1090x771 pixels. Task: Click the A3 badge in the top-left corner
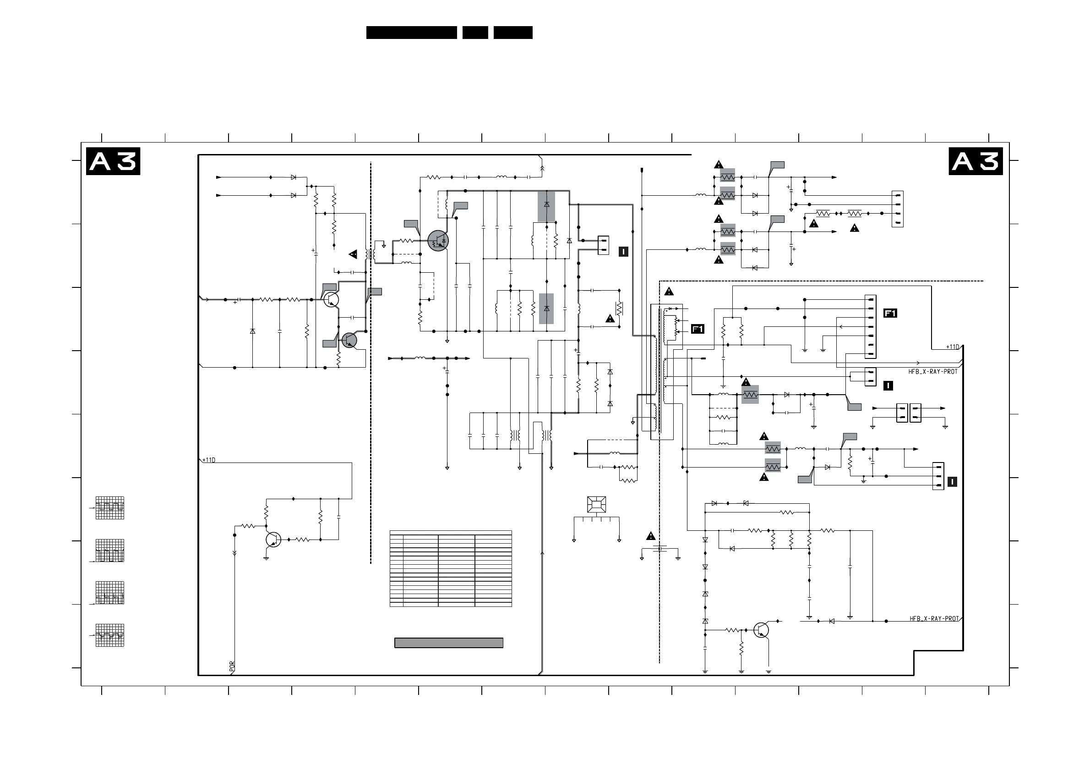click(x=113, y=161)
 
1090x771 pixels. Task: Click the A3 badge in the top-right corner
click(x=976, y=161)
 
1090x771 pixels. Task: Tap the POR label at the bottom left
click(x=232, y=666)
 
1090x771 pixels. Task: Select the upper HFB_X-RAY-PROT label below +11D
click(x=933, y=371)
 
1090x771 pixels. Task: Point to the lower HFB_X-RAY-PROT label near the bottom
click(x=934, y=618)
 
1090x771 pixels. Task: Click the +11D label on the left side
click(x=209, y=460)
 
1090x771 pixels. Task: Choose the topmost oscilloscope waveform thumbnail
click(x=109, y=508)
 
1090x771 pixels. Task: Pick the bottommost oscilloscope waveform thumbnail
click(x=109, y=636)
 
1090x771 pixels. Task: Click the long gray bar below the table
click(x=449, y=643)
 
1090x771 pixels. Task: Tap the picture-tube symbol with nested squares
click(x=596, y=505)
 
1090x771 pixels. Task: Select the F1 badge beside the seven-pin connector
click(x=890, y=313)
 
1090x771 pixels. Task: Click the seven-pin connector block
click(x=870, y=327)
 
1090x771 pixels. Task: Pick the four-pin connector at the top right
click(x=897, y=209)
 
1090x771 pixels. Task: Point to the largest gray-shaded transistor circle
click(x=438, y=241)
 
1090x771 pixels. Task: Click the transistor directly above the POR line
click(x=273, y=540)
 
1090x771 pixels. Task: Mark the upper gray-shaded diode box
click(x=546, y=207)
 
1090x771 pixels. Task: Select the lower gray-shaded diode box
click(x=546, y=309)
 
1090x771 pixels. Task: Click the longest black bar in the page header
click(x=412, y=32)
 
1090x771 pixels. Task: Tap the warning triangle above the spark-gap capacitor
click(x=650, y=536)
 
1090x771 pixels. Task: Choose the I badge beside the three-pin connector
click(x=952, y=482)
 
